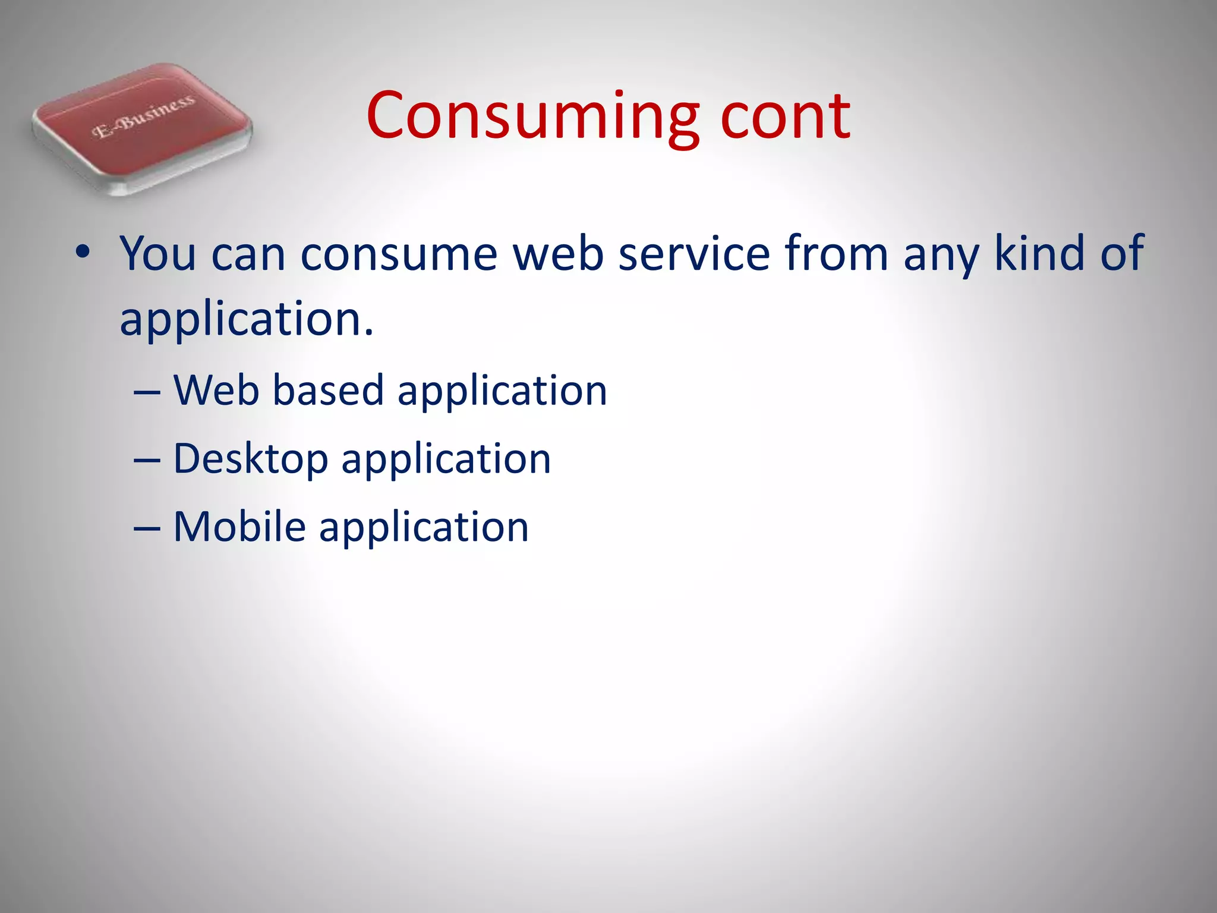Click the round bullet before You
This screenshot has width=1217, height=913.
click(x=83, y=253)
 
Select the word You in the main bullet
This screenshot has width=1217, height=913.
click(x=157, y=254)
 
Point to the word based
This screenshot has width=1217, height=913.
click(x=328, y=391)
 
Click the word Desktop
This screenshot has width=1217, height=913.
click(x=250, y=459)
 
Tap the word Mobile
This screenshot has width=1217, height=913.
click(x=239, y=527)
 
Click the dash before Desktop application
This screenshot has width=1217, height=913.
click(x=147, y=459)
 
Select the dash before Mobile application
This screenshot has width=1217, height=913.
click(x=147, y=528)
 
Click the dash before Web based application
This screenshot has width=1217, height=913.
click(x=147, y=391)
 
